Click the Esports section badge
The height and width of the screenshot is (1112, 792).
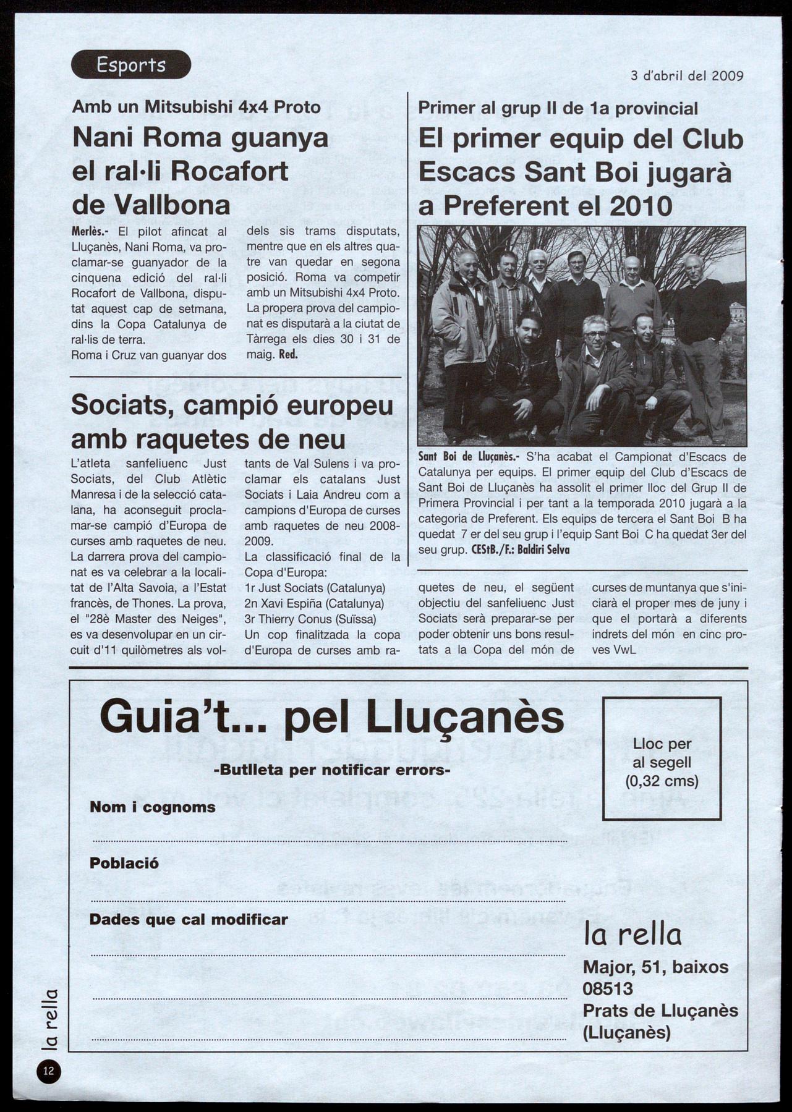[x=131, y=64]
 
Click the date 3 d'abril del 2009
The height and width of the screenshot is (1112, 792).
[x=687, y=76]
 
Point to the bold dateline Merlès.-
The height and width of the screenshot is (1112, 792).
[x=90, y=232]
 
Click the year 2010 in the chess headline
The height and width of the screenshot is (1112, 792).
[x=641, y=206]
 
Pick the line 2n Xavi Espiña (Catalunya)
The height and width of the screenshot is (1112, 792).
[x=314, y=603]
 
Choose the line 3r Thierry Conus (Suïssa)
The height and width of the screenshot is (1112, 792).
[x=310, y=619]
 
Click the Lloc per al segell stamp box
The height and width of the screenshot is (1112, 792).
[x=662, y=758]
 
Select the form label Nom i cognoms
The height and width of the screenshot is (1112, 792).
[x=152, y=807]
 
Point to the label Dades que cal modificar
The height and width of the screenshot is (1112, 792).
[x=189, y=920]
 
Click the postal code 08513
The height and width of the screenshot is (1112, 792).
[x=608, y=989]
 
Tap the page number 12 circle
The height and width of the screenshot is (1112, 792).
[x=48, y=1071]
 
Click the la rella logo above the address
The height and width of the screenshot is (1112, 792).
[x=632, y=936]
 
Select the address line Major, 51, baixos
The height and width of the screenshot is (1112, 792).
[x=655, y=967]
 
